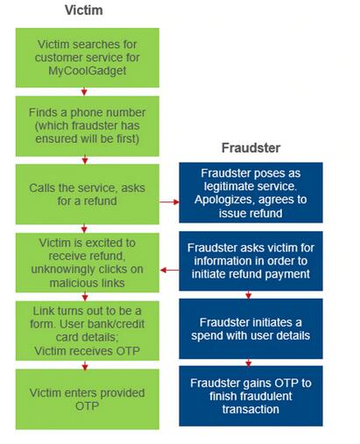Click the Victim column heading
click(84, 11)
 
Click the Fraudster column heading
click(251, 148)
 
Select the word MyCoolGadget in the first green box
click(88, 71)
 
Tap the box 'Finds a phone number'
click(88, 126)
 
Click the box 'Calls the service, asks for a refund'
click(88, 194)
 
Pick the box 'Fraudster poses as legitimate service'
click(251, 193)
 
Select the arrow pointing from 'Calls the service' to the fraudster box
click(169, 202)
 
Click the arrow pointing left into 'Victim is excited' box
click(170, 270)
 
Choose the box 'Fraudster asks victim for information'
click(251, 261)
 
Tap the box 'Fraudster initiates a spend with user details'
click(251, 328)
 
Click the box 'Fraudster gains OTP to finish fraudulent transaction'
click(251, 396)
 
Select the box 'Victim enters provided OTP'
click(88, 399)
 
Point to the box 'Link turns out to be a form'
click(88, 331)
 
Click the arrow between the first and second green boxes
click(84, 92)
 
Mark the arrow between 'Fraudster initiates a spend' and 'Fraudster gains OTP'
click(249, 363)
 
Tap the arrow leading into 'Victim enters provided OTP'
click(85, 365)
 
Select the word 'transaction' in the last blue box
click(251, 409)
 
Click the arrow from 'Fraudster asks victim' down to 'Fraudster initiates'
click(249, 295)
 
